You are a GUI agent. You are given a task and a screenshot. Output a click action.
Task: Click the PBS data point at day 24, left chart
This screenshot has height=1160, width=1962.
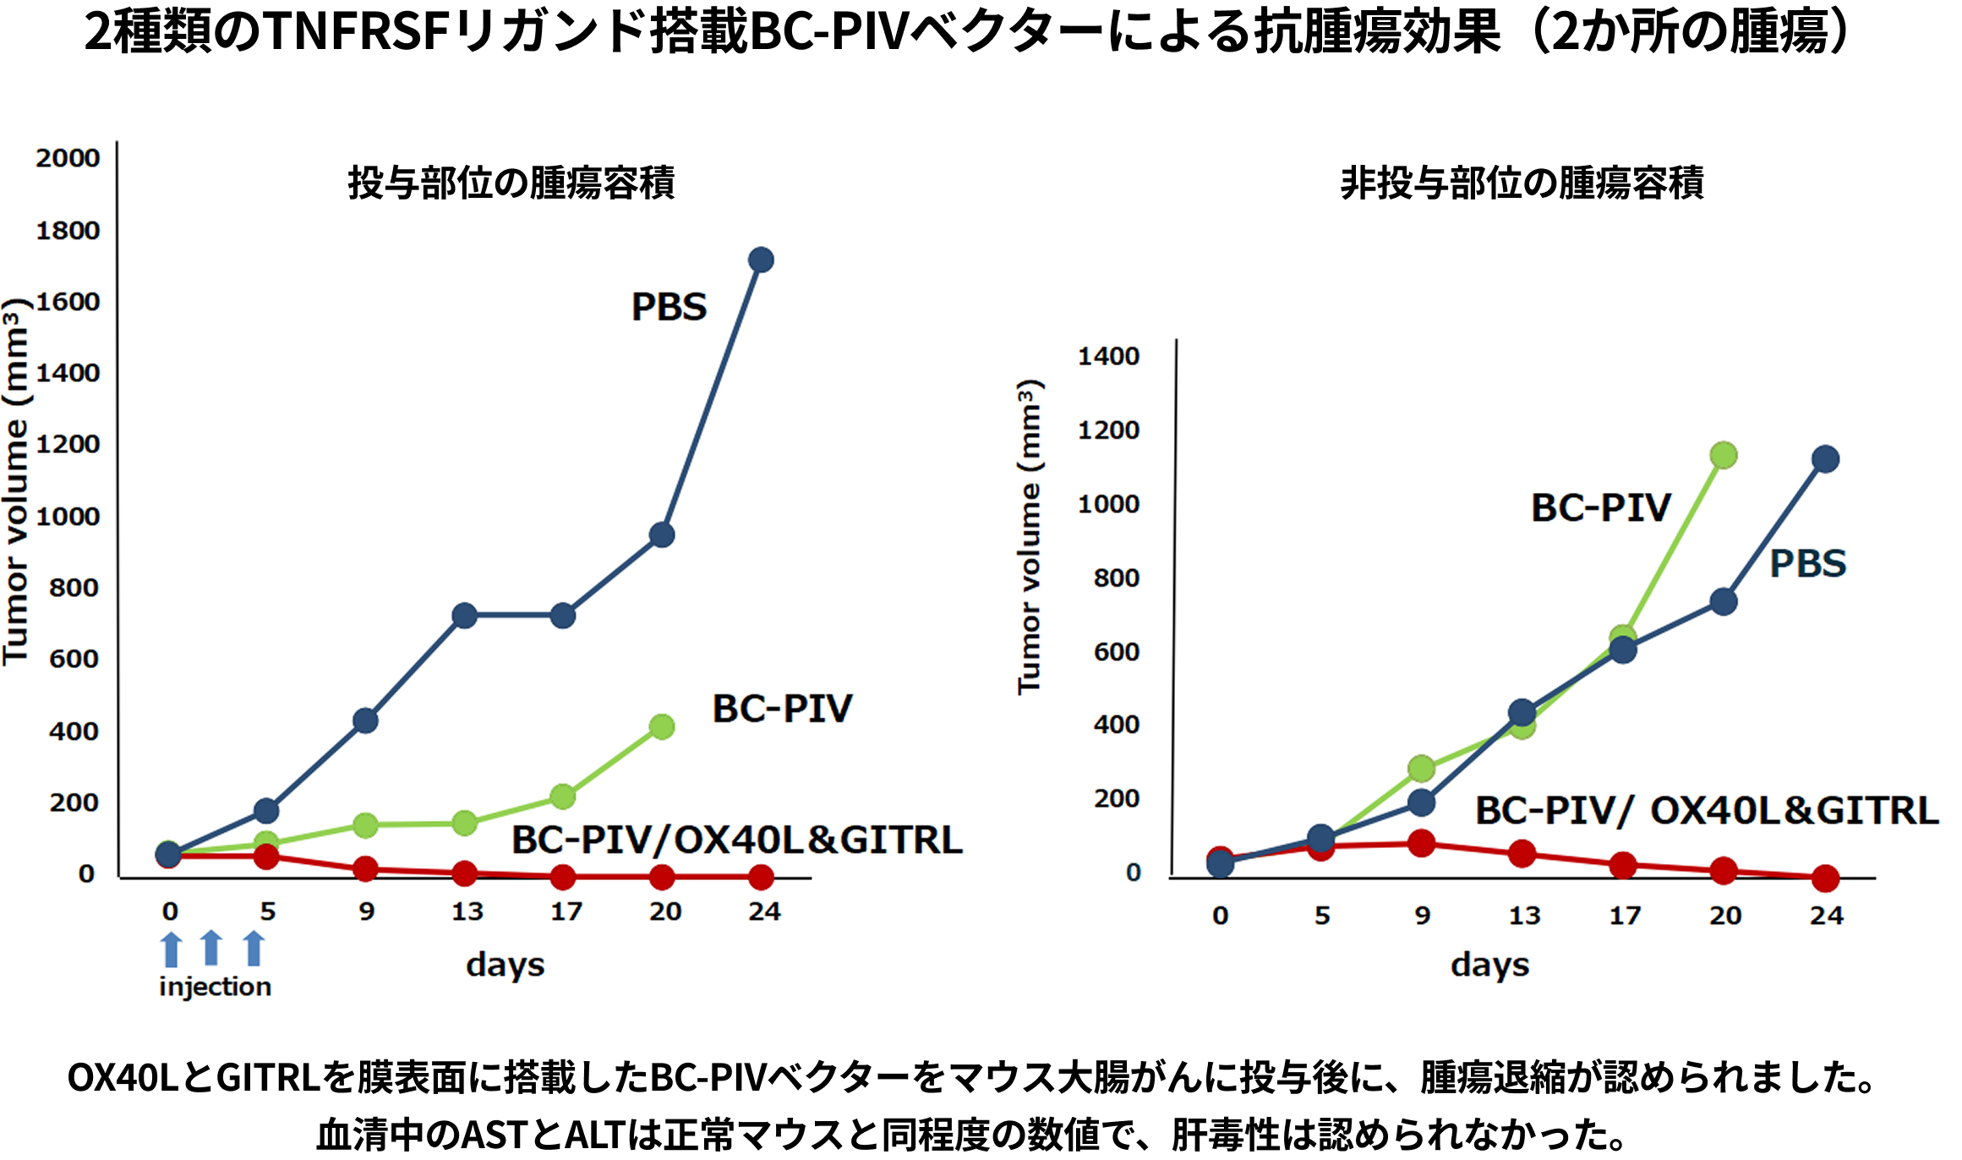[761, 260]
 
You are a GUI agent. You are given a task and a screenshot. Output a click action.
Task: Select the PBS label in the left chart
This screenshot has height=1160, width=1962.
[669, 307]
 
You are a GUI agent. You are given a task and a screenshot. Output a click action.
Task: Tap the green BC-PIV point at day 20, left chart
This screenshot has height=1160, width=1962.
[662, 726]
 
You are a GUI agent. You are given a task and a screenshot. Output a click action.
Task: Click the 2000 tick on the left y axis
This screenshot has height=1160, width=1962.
[68, 158]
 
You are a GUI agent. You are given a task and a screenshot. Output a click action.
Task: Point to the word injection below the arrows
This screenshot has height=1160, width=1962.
[216, 987]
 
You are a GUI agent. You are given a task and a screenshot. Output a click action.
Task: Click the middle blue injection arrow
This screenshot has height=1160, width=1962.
[211, 949]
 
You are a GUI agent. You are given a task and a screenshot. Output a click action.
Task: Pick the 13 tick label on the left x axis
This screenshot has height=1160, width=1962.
[467, 911]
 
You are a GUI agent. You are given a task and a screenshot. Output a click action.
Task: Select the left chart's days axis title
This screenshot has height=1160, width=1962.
[505, 965]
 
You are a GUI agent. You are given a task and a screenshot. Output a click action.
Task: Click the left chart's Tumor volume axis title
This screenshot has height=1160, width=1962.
[15, 482]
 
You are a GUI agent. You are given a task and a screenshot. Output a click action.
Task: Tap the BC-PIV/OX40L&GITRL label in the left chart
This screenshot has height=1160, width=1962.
[736, 840]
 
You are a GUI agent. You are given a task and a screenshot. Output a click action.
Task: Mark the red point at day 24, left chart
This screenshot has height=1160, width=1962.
[761, 878]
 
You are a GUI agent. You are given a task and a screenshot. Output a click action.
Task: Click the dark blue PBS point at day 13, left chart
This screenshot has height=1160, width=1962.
[464, 616]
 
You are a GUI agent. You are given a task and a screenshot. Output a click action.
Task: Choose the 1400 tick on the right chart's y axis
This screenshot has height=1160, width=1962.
[1108, 357]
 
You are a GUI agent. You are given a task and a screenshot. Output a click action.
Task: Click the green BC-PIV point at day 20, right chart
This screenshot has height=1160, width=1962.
[1723, 456]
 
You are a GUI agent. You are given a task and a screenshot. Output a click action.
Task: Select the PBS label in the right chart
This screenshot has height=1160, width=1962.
[1808, 564]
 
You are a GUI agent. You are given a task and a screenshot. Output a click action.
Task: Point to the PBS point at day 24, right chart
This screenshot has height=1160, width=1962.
[1825, 460]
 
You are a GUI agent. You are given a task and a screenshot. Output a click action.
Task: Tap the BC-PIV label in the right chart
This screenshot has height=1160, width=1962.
[1601, 508]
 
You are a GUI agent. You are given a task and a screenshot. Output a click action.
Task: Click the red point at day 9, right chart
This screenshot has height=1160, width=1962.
[1421, 843]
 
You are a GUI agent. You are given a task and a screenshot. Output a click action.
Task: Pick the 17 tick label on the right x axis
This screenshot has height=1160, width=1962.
[1624, 916]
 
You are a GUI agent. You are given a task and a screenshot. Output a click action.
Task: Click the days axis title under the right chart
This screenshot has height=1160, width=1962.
[1489, 965]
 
